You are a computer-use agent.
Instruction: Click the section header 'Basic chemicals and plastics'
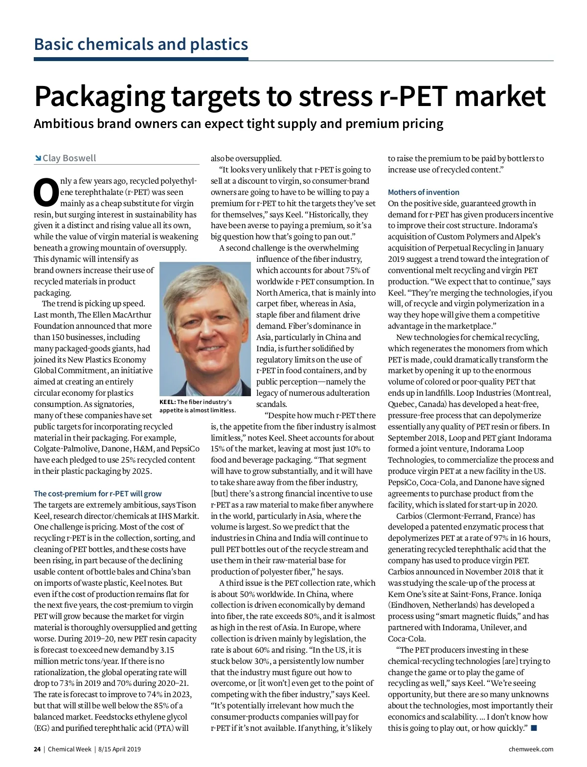coord(141,44)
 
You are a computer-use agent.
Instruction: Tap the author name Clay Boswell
coord(69,158)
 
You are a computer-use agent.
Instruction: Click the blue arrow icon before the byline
coord(38,158)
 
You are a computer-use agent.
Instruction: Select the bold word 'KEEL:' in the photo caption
coord(167,402)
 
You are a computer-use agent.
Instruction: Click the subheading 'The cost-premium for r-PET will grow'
coord(97,493)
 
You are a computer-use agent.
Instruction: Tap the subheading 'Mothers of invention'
coord(423,192)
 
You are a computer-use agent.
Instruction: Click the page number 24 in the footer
coord(37,749)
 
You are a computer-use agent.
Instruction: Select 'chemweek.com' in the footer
coord(531,749)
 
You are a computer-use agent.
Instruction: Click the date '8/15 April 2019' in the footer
coord(119,749)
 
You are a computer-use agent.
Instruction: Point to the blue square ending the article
coord(534,728)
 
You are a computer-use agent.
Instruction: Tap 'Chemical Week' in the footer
coord(69,749)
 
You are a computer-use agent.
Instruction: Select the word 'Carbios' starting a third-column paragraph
coord(409,516)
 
